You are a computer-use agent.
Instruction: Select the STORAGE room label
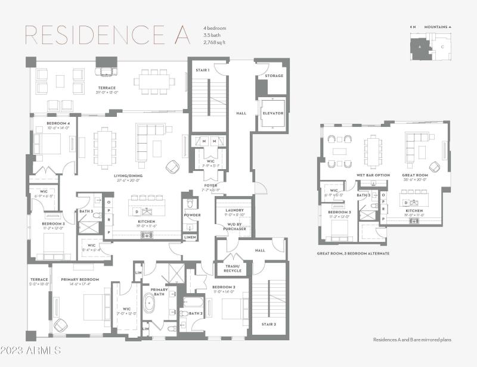pos(274,76)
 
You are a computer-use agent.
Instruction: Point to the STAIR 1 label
pos(203,70)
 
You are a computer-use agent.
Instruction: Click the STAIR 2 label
pos(268,324)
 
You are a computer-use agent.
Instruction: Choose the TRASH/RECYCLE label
pos(233,268)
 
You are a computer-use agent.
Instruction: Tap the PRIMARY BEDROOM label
pos(79,279)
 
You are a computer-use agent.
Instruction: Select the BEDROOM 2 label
pos(225,287)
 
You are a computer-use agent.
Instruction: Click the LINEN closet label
pos(190,237)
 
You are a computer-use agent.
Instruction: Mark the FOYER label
pos(211,185)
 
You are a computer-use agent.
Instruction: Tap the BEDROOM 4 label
pos(58,123)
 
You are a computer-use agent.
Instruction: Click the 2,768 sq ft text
pos(213,42)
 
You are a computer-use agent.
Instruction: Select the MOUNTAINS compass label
pos(441,27)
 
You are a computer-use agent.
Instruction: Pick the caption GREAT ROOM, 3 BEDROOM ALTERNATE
pos(353,253)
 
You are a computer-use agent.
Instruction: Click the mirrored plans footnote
pos(412,340)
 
